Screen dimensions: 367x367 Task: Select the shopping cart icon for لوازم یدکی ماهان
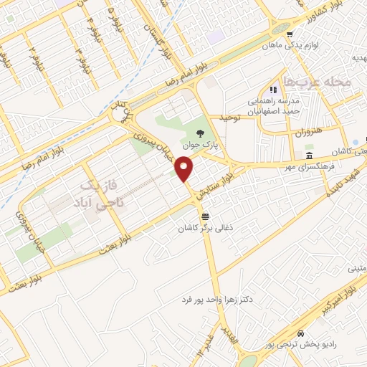point(289,34)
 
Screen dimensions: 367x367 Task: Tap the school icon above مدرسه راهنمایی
point(273,90)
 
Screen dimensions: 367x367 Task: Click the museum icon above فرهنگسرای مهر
point(309,156)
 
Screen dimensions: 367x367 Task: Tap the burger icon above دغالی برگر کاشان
point(206,216)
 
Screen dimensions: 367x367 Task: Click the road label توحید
point(232,116)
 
